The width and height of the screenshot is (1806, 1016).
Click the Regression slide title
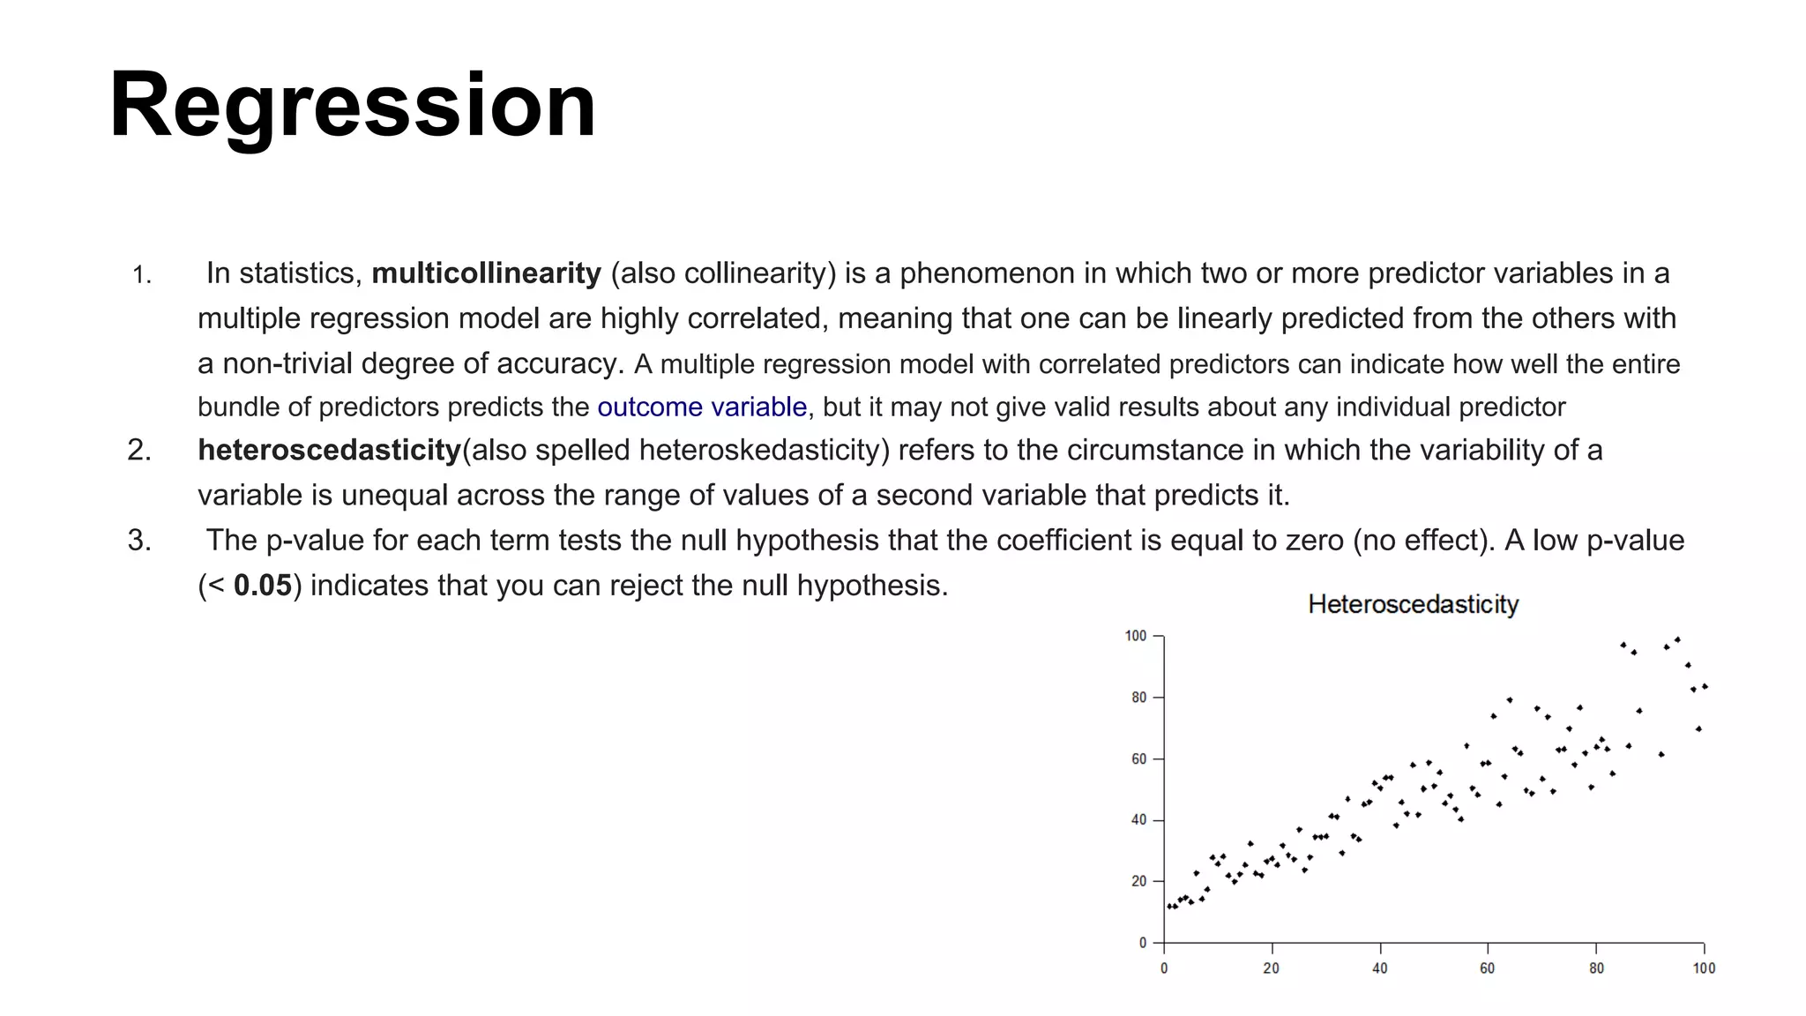353,106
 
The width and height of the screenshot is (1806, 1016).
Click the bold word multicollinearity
486,273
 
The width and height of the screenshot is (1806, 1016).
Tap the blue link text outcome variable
702,407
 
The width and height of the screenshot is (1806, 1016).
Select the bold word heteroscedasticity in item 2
329,450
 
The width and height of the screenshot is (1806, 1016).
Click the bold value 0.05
262,586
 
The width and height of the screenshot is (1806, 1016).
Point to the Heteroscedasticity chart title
1413,604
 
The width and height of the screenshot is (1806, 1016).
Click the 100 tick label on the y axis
1135,636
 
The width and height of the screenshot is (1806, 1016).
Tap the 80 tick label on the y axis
1138,698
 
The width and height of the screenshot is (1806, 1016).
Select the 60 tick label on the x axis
1487,968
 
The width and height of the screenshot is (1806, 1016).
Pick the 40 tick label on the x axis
1379,968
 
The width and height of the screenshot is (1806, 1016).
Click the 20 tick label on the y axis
1138,881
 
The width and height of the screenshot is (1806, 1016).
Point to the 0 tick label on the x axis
1164,968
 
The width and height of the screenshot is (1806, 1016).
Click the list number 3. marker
139,540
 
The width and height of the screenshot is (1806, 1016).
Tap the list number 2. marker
139,450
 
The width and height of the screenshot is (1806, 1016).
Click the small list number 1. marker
142,276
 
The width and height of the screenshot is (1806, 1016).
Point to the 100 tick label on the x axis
1704,968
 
